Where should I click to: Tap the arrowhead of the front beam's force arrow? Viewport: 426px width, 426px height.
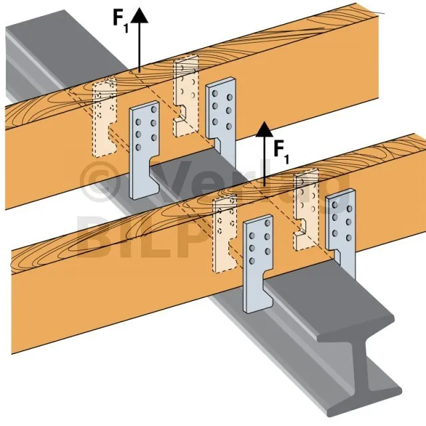pyautogui.click(x=265, y=129)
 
